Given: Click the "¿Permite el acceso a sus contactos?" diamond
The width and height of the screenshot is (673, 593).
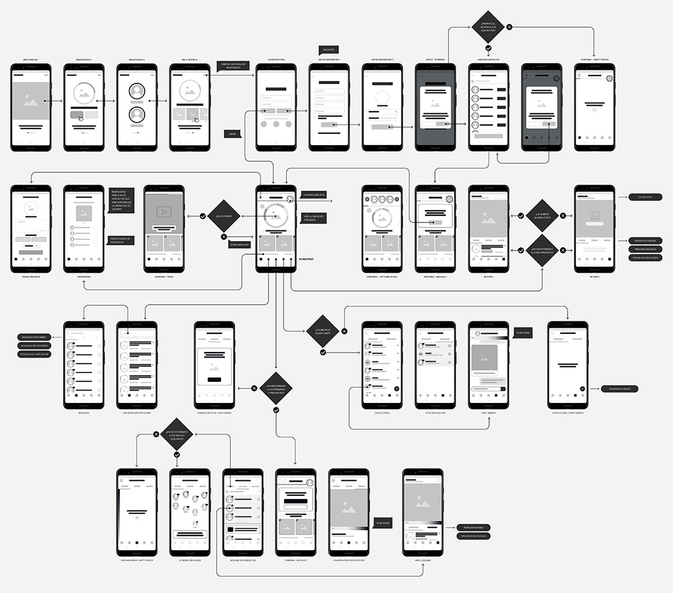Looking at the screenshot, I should coord(489,27).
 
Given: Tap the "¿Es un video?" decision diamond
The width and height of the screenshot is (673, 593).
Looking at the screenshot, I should coord(224,216).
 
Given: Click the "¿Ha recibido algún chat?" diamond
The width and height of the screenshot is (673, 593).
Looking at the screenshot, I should coord(323,332).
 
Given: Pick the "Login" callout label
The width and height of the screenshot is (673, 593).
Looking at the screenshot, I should coord(233,133).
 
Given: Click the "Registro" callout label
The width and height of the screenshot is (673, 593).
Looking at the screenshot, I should coord(328,49).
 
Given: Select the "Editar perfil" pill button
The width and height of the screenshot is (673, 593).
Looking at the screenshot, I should coord(645,197).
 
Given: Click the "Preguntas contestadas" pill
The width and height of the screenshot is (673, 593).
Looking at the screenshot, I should coord(645,257).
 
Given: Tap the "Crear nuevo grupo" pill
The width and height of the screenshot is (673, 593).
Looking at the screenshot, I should coord(619,389).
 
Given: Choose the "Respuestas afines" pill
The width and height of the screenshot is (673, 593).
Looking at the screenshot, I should coord(473,528).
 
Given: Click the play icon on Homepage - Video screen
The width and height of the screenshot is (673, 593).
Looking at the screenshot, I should coord(164,212).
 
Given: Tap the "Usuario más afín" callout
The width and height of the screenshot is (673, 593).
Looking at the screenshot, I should coord(314,195).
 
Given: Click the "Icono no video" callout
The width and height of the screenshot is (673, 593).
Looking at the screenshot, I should coord(239,245).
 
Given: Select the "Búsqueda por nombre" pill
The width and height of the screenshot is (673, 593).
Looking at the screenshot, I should coord(35,337).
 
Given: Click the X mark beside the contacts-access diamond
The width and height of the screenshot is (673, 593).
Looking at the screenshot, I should coord(509,27).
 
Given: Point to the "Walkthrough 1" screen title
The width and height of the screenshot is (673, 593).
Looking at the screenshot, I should coord(31,60).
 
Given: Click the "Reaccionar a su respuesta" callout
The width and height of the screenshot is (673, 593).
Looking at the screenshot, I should coord(120,240).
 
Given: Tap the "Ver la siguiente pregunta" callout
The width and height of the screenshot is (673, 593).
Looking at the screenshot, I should coord(314,218).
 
